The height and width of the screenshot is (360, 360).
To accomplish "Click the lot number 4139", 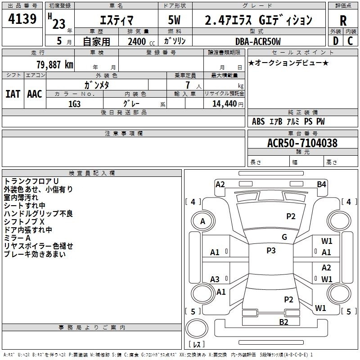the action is point(22,19).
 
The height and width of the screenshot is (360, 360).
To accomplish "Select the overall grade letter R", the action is point(343,21).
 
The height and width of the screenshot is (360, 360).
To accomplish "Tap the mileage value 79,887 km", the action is point(55,65).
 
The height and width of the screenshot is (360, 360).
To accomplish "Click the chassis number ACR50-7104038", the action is point(302,143).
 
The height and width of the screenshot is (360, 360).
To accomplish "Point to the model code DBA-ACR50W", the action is point(258,41).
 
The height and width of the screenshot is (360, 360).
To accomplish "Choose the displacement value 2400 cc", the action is point(141,41).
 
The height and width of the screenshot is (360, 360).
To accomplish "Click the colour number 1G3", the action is point(74,104).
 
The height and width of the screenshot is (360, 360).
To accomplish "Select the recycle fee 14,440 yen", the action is point(228,104).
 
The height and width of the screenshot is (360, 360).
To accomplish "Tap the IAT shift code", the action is point(13,94).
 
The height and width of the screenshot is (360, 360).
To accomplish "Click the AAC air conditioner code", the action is point(35,94).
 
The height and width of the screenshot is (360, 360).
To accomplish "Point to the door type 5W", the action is point(174,20).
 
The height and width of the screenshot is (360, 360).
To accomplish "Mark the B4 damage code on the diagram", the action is point(321,184).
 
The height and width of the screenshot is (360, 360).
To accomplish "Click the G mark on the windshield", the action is point(284,237).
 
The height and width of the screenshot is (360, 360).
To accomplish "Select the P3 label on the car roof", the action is point(271,251).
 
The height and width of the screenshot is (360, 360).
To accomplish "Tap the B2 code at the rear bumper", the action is point(283,322).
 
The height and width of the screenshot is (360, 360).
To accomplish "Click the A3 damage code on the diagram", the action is point(215,279).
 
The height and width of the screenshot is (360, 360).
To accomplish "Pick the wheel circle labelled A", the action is point(203,221).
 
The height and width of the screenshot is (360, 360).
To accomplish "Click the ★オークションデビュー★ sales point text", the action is point(288,63).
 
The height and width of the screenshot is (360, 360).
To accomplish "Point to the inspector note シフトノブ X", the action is point(24,222).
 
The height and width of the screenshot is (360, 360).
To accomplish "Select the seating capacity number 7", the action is point(188,85).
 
